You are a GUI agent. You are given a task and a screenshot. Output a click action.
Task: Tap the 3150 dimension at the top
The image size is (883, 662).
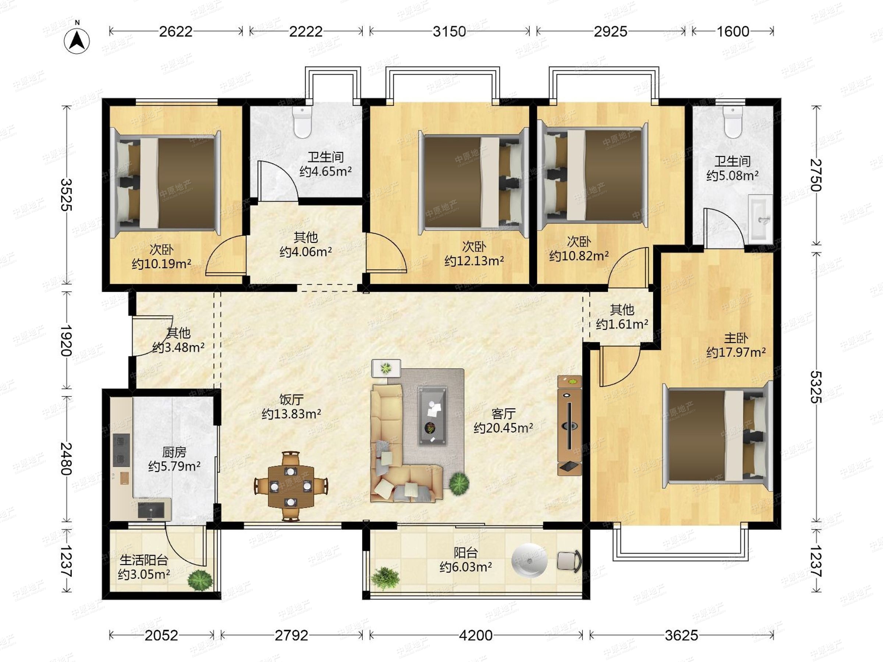(x=449, y=32)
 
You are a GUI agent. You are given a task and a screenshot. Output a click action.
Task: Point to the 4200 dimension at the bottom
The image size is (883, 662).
(x=475, y=635)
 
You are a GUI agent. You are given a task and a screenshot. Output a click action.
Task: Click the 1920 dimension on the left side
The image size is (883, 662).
(x=66, y=340)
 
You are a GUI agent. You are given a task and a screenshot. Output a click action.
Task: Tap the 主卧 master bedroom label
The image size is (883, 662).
(x=736, y=338)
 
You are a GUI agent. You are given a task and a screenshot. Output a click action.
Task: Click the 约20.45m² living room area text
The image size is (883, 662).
(x=503, y=428)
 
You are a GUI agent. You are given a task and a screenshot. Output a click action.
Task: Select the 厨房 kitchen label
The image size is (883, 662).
(x=174, y=452)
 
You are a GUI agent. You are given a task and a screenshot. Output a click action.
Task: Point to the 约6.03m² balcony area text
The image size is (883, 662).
(x=465, y=567)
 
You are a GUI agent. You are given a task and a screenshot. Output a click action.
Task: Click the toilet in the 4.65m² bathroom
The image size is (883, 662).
(x=302, y=121)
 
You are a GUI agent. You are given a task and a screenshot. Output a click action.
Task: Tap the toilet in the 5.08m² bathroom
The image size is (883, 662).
(x=733, y=121)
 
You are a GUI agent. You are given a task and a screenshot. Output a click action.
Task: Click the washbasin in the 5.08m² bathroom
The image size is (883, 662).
(x=760, y=219)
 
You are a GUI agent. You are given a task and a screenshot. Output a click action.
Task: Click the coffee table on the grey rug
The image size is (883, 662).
(x=432, y=415)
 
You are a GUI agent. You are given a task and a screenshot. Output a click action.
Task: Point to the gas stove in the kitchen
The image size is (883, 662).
(x=121, y=450)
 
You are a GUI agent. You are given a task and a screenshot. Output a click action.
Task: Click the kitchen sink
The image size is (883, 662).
(x=151, y=510)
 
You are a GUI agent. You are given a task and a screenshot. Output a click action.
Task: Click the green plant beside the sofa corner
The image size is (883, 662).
(x=459, y=484)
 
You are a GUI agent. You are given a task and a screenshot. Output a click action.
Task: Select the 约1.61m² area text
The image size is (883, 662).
(x=622, y=324)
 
